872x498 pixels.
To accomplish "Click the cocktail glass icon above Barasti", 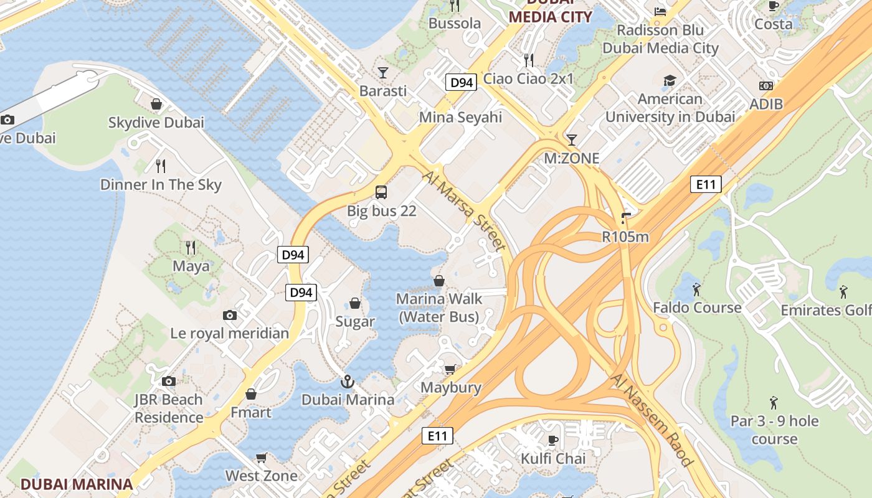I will coord(383,72).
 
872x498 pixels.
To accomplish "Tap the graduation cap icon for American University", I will coord(670,80).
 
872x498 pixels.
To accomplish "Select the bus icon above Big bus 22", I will coord(381,192).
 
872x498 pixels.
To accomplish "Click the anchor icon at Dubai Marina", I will coord(347,381).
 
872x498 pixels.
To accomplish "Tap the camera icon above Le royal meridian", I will coord(230,315).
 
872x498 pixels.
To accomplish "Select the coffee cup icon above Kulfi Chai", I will coord(552,441).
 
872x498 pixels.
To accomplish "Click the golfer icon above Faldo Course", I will coord(696,289).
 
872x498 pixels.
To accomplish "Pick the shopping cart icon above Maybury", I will coord(450,369).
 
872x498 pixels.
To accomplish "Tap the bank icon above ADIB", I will coord(766,86).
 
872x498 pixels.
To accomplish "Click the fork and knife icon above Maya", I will coord(191,248).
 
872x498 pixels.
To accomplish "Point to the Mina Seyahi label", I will coord(460,117).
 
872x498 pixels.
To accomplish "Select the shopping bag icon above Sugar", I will coord(355,303).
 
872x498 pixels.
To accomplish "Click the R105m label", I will coord(625,237).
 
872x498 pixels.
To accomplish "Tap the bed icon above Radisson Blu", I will coord(660,11).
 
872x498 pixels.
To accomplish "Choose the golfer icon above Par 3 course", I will coord(774,402).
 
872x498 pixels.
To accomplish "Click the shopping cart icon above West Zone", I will coord(262,458).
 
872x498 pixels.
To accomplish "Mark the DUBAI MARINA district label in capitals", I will coord(77,484).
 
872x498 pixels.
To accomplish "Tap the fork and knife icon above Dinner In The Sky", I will coord(161,166).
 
